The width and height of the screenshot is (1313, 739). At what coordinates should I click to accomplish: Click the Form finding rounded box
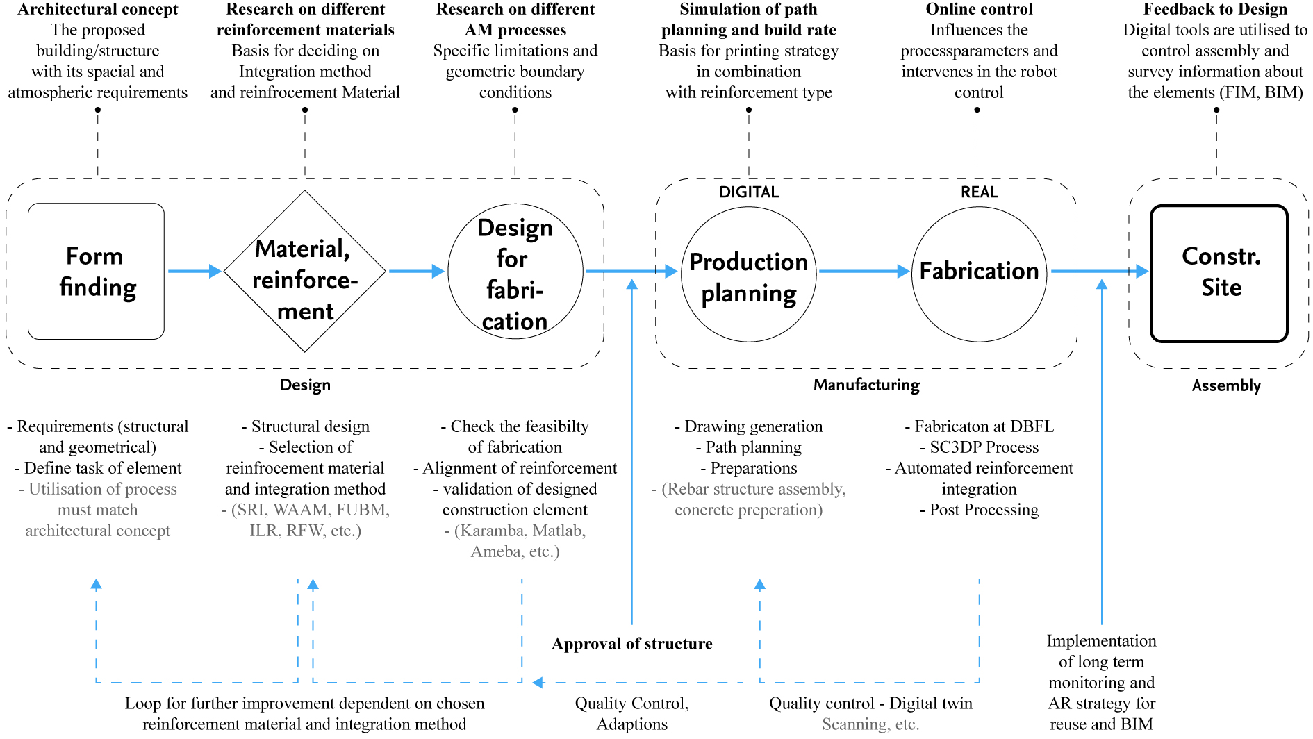[96, 271]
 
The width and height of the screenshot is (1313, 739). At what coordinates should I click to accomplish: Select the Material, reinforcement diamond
[304, 272]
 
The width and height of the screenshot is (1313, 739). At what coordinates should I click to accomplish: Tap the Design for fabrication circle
[515, 272]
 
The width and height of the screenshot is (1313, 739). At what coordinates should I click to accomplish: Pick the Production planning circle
[748, 274]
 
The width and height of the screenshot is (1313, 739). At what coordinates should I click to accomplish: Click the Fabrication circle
[979, 274]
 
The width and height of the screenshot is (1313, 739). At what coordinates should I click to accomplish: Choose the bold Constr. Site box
[1219, 274]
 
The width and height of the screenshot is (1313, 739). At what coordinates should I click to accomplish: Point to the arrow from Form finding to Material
[194, 271]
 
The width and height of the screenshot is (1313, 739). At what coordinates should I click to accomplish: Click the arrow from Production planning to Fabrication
[864, 271]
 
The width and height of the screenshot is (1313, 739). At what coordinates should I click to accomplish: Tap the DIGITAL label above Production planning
[748, 192]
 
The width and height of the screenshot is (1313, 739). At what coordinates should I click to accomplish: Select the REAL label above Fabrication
[979, 192]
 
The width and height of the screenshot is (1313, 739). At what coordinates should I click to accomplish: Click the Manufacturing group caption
[866, 385]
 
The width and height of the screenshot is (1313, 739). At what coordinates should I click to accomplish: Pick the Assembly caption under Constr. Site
[1226, 385]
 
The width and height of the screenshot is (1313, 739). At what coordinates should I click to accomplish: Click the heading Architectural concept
[98, 9]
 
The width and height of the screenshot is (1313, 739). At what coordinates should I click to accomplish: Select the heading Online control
[979, 9]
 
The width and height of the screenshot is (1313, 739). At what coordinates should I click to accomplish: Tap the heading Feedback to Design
[1215, 9]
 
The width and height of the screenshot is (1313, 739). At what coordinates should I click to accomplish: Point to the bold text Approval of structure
[631, 644]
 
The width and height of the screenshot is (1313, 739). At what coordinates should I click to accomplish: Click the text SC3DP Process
[984, 447]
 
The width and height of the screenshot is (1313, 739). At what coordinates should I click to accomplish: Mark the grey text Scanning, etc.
[870, 724]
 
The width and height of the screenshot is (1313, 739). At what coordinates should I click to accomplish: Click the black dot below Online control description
[977, 110]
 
